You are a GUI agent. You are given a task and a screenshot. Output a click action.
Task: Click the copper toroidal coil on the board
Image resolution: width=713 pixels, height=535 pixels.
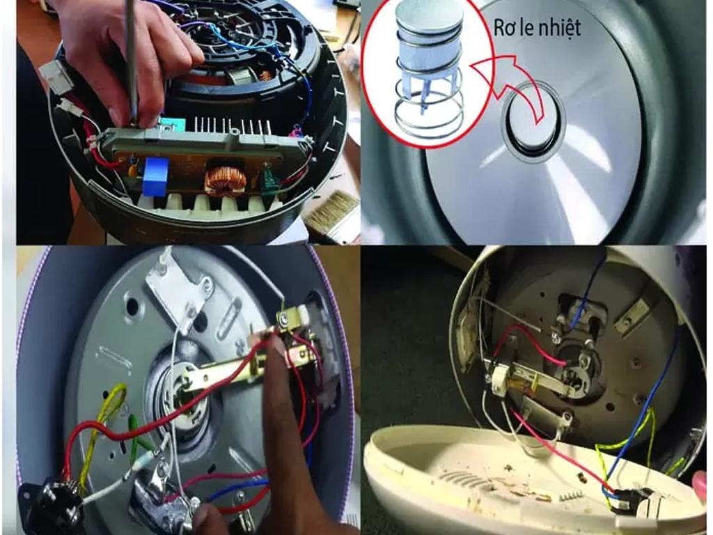[x=225, y=180]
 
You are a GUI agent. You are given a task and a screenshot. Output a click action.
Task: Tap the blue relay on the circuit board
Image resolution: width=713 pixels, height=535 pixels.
[x=155, y=176]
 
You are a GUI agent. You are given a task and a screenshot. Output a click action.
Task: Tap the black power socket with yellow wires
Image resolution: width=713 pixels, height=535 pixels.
[x=50, y=504]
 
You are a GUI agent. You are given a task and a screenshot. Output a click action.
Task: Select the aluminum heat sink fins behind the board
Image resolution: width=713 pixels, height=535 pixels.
[x=232, y=127]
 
